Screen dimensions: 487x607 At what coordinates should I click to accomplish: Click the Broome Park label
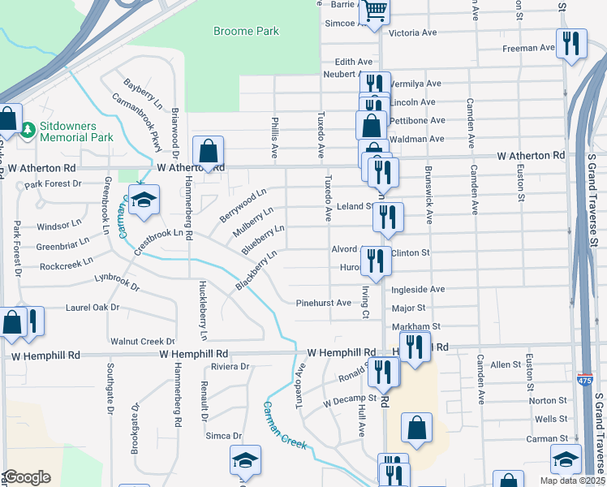coord(246,32)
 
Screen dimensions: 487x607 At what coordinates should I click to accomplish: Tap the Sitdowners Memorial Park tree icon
coord(27,130)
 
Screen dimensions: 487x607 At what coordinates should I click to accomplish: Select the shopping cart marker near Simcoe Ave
coord(374,11)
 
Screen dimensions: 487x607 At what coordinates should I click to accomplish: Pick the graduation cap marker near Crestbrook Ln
coord(144,201)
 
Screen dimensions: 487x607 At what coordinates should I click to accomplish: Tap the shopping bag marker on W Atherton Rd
coord(209,152)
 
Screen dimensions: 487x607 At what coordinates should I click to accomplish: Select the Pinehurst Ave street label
coord(323,303)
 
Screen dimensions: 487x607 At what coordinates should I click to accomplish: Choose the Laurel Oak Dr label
coord(93,308)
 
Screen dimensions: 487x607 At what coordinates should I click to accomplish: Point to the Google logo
coord(27,477)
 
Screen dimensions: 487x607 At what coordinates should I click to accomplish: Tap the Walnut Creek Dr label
coord(143,342)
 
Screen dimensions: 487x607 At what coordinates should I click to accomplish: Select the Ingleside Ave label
coord(418,289)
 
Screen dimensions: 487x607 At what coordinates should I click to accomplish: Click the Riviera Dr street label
coord(230,367)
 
